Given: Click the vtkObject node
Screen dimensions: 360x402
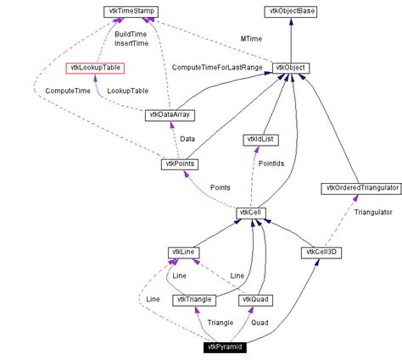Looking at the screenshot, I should pos(291,68).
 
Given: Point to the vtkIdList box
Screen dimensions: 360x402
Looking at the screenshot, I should pos(258,138).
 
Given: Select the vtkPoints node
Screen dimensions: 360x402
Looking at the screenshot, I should pos(179,163).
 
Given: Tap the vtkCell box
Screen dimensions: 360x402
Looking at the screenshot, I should pos(252,224).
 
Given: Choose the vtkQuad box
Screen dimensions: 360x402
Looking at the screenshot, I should pos(254,299).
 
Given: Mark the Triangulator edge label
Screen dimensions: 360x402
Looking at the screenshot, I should pos(372,213).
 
